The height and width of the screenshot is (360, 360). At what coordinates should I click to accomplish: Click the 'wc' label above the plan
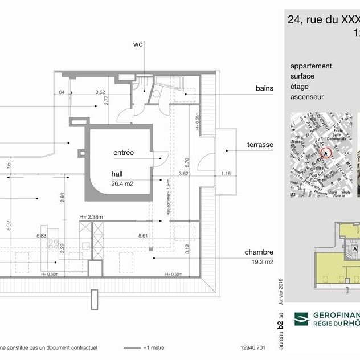138,44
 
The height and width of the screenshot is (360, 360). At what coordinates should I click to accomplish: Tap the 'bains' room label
264,88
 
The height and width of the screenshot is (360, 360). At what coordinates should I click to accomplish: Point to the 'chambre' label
260,252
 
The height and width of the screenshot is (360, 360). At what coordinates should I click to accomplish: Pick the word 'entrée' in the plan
124,153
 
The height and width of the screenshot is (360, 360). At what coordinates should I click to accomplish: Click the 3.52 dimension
101,92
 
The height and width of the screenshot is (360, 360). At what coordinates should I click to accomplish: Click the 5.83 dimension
41,235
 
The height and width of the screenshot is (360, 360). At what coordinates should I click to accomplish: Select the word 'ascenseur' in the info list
306,97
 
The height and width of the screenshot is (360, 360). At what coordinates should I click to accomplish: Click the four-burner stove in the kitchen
53,245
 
